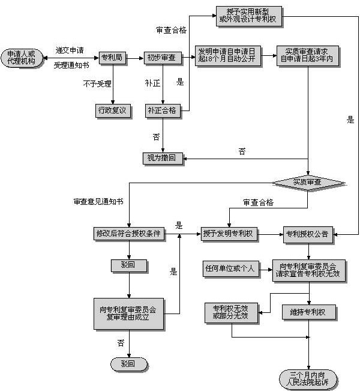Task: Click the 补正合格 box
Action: (163, 111)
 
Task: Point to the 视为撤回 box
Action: (163, 159)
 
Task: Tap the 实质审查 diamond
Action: (308, 181)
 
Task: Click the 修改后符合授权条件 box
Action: (129, 233)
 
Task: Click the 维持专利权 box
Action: (308, 312)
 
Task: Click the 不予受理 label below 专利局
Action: (97, 83)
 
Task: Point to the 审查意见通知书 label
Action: (98, 202)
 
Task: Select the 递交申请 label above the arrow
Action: (69, 49)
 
